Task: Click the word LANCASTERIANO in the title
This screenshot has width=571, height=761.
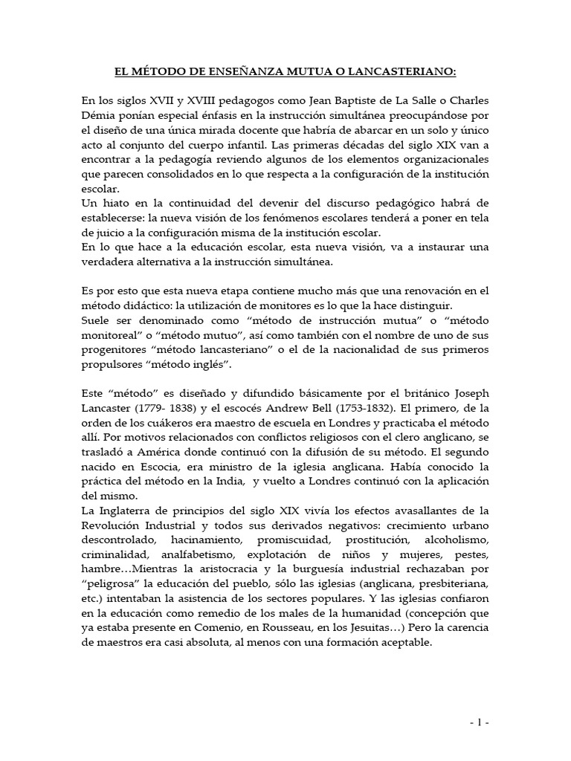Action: coord(407,72)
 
